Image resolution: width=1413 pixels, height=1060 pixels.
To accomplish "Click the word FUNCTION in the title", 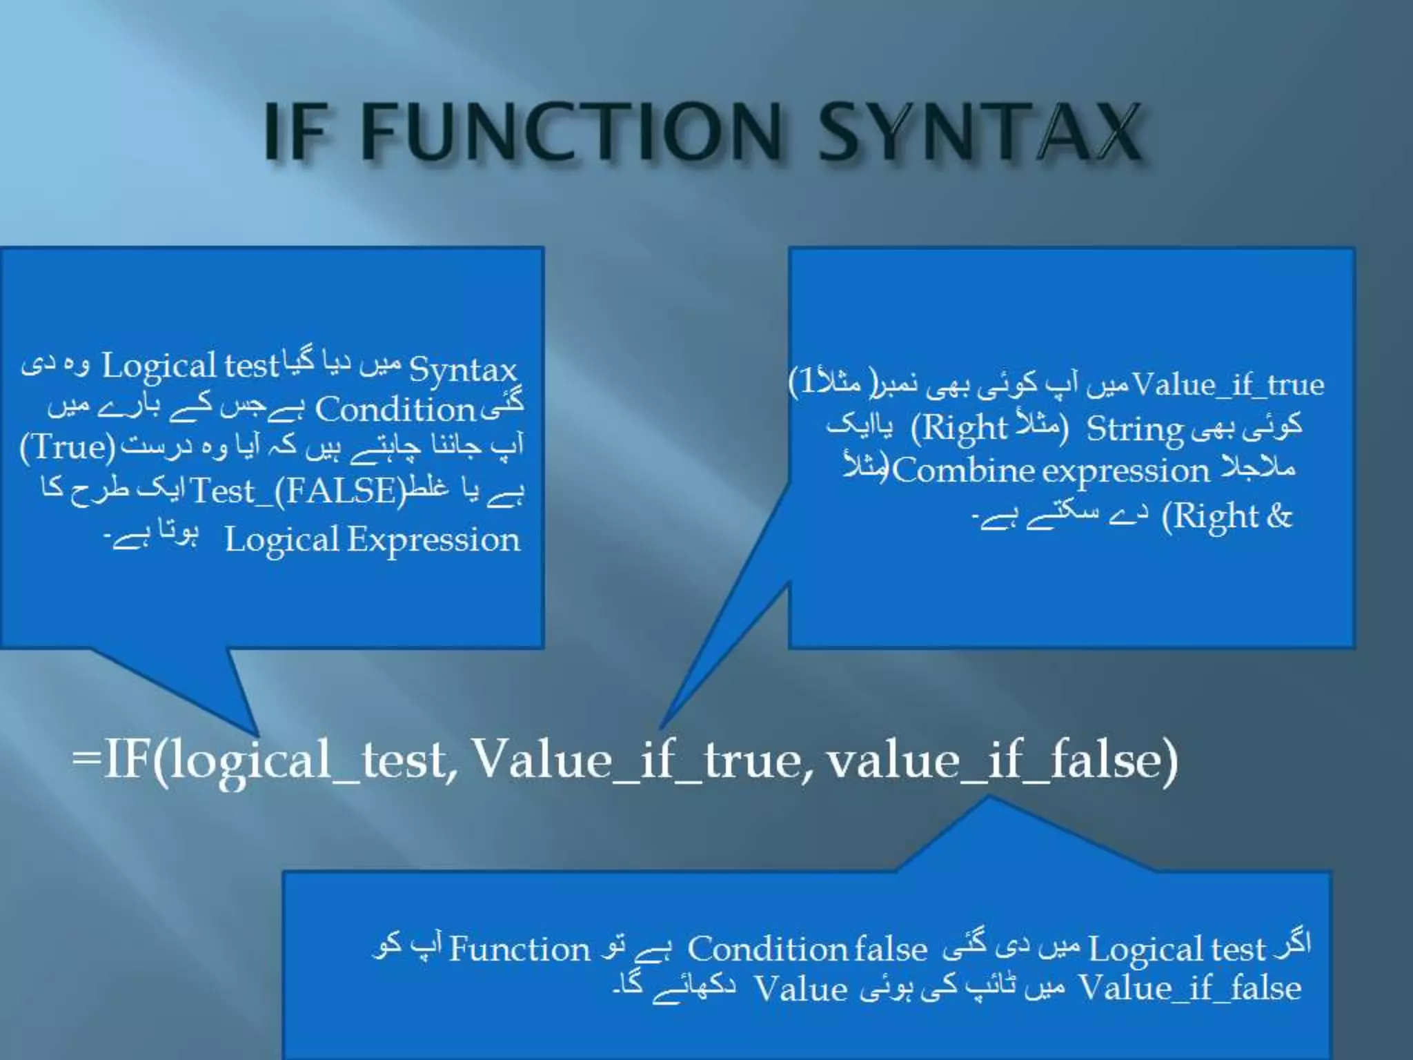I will click(572, 131).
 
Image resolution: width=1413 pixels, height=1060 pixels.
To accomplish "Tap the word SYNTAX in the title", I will click(980, 131).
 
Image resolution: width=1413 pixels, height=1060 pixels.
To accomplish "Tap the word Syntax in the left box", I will click(462, 370).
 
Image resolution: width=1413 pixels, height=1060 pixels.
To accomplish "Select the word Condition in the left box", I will click(395, 410).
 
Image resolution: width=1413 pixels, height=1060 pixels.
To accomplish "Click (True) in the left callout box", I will click(68, 447).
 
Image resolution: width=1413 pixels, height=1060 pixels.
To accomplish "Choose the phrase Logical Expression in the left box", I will click(373, 540).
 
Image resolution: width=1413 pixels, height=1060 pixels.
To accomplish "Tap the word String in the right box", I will click(1134, 429).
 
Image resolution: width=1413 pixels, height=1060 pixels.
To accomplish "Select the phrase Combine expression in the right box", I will click(1051, 472).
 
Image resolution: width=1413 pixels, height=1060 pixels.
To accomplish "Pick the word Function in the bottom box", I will click(520, 950).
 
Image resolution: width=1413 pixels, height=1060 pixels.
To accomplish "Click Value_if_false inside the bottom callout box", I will click(1190, 988).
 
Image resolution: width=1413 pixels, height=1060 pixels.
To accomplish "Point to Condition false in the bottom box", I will click(807, 950).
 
